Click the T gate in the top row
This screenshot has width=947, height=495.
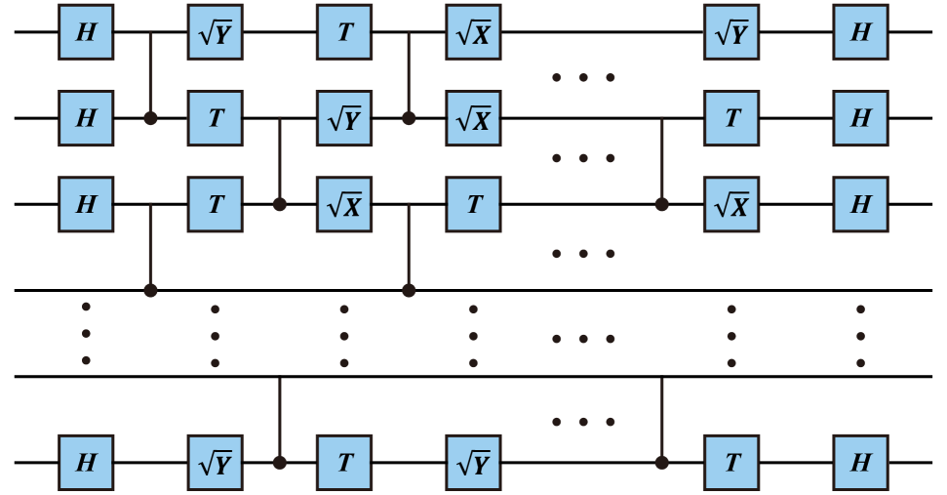(344, 32)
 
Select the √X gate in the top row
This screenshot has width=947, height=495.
(473, 32)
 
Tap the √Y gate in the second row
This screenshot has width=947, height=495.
(344, 118)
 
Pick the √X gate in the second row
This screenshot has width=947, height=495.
(473, 118)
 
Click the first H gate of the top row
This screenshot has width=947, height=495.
(86, 32)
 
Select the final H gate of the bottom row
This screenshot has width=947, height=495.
(860, 462)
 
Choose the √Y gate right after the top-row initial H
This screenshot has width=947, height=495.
(215, 32)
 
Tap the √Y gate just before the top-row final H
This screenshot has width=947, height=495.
(730, 32)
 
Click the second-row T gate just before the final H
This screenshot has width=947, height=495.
(730, 118)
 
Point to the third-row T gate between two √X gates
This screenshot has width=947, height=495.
(473, 204)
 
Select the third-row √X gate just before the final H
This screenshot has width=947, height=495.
(730, 204)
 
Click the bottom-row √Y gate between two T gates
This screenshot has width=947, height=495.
(473, 462)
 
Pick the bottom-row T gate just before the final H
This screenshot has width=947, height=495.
(730, 462)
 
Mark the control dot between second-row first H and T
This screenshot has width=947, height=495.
(150, 118)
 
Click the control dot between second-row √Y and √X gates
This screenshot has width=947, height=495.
(409, 118)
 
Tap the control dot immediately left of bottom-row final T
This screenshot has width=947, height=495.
(661, 462)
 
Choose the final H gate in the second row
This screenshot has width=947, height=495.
(860, 118)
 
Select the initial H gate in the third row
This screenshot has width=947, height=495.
(86, 204)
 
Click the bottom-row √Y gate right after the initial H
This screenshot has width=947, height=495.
(215, 462)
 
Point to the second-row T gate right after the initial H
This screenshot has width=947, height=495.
(215, 118)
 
